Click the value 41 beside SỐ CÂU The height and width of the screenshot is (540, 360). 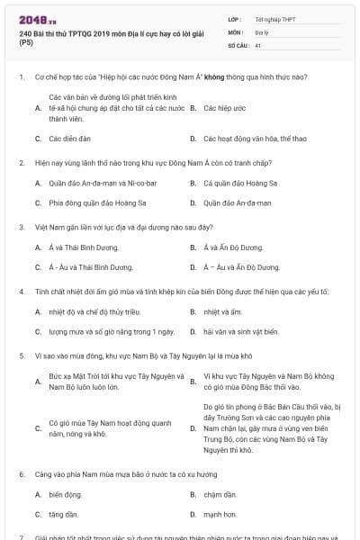tap(258, 44)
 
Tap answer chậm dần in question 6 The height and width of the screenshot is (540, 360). tap(220, 494)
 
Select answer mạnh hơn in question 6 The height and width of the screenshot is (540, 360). tap(220, 514)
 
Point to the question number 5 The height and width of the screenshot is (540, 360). tap(21, 355)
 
